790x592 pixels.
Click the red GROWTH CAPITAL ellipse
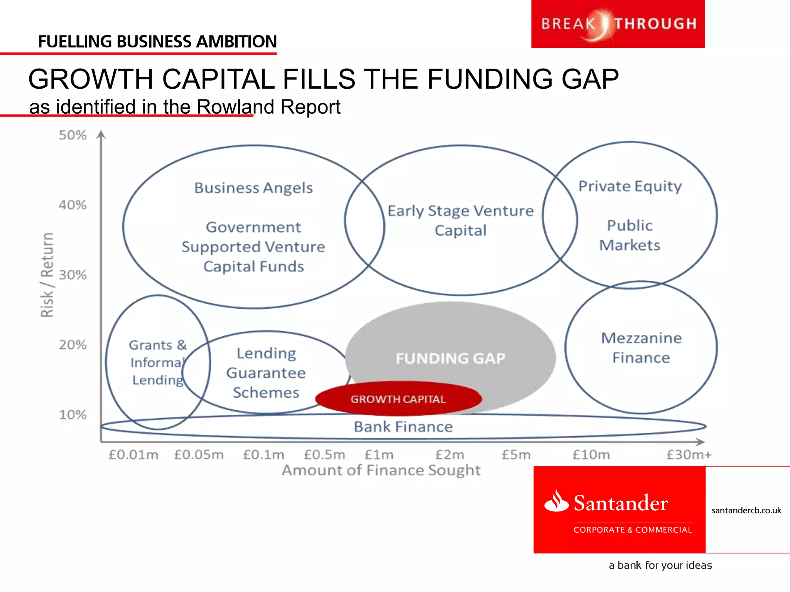pyautogui.click(x=398, y=399)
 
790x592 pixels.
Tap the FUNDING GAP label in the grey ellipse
pyautogui.click(x=450, y=358)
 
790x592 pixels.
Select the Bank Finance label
pyautogui.click(x=403, y=427)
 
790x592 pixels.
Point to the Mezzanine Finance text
pyautogui.click(x=641, y=348)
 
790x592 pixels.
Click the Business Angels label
pyautogui.click(x=253, y=188)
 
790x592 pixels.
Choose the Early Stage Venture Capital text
pyautogui.click(x=461, y=220)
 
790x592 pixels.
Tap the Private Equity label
pyautogui.click(x=630, y=187)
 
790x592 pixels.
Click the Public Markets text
pyautogui.click(x=630, y=235)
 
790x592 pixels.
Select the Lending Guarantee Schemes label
pyautogui.click(x=266, y=373)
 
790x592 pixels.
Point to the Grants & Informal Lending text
pyautogui.click(x=157, y=362)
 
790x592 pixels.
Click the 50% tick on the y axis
pyautogui.click(x=73, y=135)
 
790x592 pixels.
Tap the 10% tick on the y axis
pyautogui.click(x=73, y=415)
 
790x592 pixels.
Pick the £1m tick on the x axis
pyautogui.click(x=379, y=455)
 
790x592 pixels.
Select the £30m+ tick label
pyautogui.click(x=689, y=455)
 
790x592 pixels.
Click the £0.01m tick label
pyautogui.click(x=133, y=455)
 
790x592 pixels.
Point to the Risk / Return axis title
pyautogui.click(x=47, y=274)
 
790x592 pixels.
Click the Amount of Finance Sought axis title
pyautogui.click(x=381, y=470)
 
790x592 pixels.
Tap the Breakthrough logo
pyautogui.click(x=618, y=24)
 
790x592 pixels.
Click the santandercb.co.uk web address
pyautogui.click(x=746, y=510)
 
